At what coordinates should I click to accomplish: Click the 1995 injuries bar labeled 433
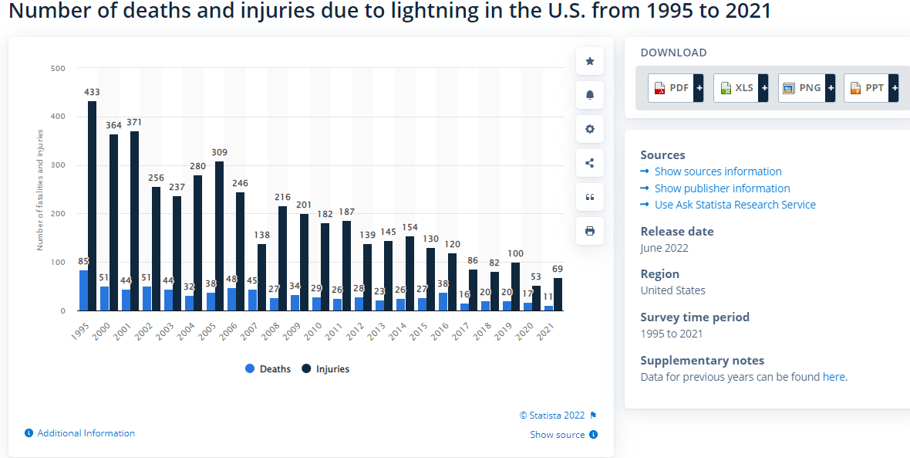point(92,205)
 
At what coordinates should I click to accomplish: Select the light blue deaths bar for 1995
point(83,290)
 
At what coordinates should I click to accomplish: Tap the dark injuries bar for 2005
point(219,236)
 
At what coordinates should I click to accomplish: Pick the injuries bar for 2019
point(515,287)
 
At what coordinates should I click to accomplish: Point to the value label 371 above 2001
point(134,122)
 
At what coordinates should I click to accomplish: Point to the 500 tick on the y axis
point(58,68)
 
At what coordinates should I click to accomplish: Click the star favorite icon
point(590,61)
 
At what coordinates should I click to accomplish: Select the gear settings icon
point(590,129)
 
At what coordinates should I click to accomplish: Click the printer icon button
point(590,231)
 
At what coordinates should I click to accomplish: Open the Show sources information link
point(717,171)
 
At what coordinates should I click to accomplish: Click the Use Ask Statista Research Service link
point(734,205)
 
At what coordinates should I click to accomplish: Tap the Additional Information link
point(86,433)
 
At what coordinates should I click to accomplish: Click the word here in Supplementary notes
point(834,377)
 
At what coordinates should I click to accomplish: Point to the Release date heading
point(676,231)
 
